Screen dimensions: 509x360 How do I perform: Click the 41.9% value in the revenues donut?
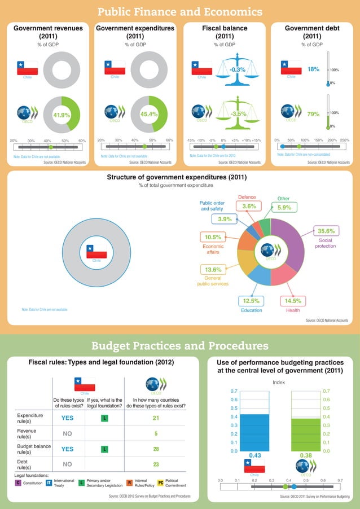coord(62,115)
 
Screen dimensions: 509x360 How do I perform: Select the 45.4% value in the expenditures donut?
coord(148,115)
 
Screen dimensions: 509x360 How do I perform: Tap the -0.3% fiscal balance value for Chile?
coord(238,69)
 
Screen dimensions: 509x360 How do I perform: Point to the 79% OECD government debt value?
coord(313,115)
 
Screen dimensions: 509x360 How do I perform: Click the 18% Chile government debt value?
coord(313,69)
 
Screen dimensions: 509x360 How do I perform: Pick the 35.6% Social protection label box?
coord(326,231)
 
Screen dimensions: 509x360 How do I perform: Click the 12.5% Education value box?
coord(251,301)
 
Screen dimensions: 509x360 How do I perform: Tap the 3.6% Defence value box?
coord(249,207)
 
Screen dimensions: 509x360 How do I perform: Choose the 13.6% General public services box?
coord(213,270)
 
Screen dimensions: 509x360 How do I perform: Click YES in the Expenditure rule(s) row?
coord(68,418)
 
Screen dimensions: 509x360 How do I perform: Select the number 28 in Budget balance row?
coord(156,449)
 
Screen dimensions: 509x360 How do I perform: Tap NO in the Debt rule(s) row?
coord(68,464)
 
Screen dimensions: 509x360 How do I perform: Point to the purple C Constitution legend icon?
coord(17,483)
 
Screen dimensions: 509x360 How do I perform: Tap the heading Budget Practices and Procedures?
coord(179,345)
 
